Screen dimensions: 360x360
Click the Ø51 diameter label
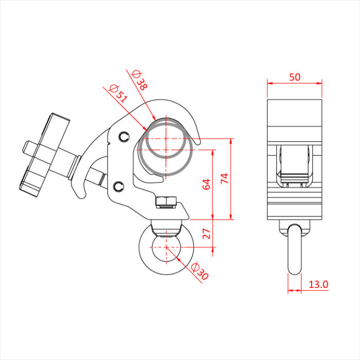point(118,94)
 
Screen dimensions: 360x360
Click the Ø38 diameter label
point(139,80)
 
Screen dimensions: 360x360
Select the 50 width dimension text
point(295,77)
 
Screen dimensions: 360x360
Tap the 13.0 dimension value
point(318,284)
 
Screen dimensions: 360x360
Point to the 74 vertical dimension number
point(225,178)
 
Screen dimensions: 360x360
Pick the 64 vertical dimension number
point(206,184)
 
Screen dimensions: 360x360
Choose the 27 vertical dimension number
point(206,233)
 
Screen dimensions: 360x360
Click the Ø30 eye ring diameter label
point(200,271)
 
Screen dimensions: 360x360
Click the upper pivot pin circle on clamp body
point(124,137)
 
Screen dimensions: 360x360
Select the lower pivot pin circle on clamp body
point(119,186)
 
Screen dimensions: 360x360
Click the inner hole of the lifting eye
point(166,249)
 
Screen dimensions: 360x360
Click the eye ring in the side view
point(295,249)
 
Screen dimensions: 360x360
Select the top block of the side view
point(295,113)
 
